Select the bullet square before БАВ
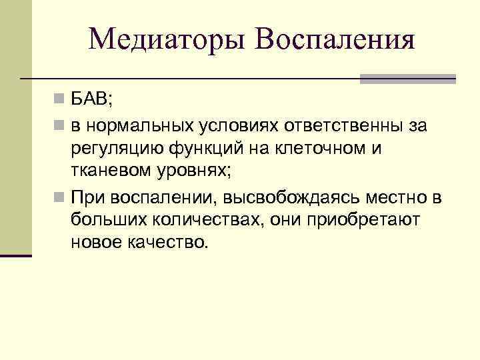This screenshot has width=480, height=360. (x=60, y=101)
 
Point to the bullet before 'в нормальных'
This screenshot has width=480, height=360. (x=60, y=125)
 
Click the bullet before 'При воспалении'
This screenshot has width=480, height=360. (x=60, y=197)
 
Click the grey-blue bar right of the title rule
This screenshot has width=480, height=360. (x=407, y=79)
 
